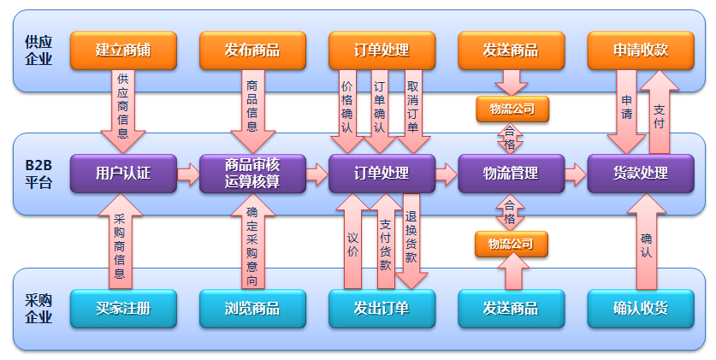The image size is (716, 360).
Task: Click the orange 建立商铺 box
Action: pos(123,50)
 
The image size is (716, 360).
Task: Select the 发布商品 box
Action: pos(252,50)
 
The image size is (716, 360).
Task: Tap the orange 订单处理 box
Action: pos(382,50)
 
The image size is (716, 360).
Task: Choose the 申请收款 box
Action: pos(640,50)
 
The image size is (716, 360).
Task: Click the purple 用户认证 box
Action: pos(123,173)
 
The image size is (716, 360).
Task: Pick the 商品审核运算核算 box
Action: pos(252,173)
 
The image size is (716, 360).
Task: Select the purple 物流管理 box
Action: pos(511,173)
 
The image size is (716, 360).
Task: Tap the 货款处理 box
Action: pos(640,173)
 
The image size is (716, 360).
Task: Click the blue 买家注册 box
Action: pos(123,308)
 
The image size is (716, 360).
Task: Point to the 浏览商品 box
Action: pos(252,308)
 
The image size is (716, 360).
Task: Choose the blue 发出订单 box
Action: pos(382,308)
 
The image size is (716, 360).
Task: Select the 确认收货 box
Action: pos(640,308)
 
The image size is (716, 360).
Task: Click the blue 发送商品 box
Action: pos(511,308)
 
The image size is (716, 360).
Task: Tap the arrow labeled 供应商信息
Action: pos(123,109)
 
